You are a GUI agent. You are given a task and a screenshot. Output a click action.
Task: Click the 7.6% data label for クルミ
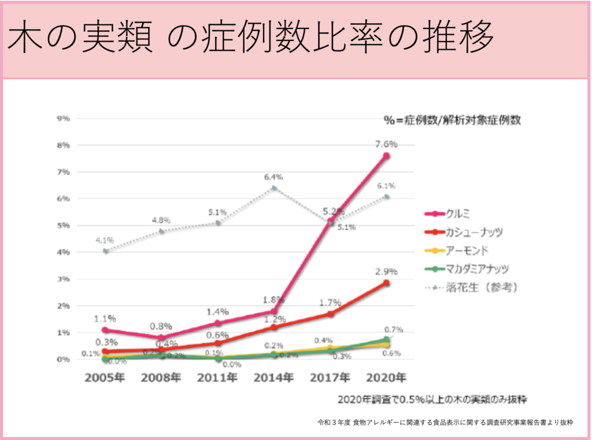point(386,145)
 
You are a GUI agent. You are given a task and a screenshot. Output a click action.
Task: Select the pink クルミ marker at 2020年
point(386,156)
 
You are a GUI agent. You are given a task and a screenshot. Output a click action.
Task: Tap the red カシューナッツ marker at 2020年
point(386,283)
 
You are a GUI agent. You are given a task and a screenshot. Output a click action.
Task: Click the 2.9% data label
point(386,271)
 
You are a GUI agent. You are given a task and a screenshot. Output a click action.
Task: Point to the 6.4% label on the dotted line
point(273,177)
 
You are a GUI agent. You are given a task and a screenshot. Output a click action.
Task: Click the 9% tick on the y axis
point(62,119)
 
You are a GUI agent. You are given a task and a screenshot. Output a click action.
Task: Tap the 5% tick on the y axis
point(62,225)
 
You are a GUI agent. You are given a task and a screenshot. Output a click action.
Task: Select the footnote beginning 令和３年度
point(445,422)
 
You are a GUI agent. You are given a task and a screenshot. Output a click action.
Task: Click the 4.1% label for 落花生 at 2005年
point(105,239)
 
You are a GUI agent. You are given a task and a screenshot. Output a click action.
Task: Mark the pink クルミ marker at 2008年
point(161,338)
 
